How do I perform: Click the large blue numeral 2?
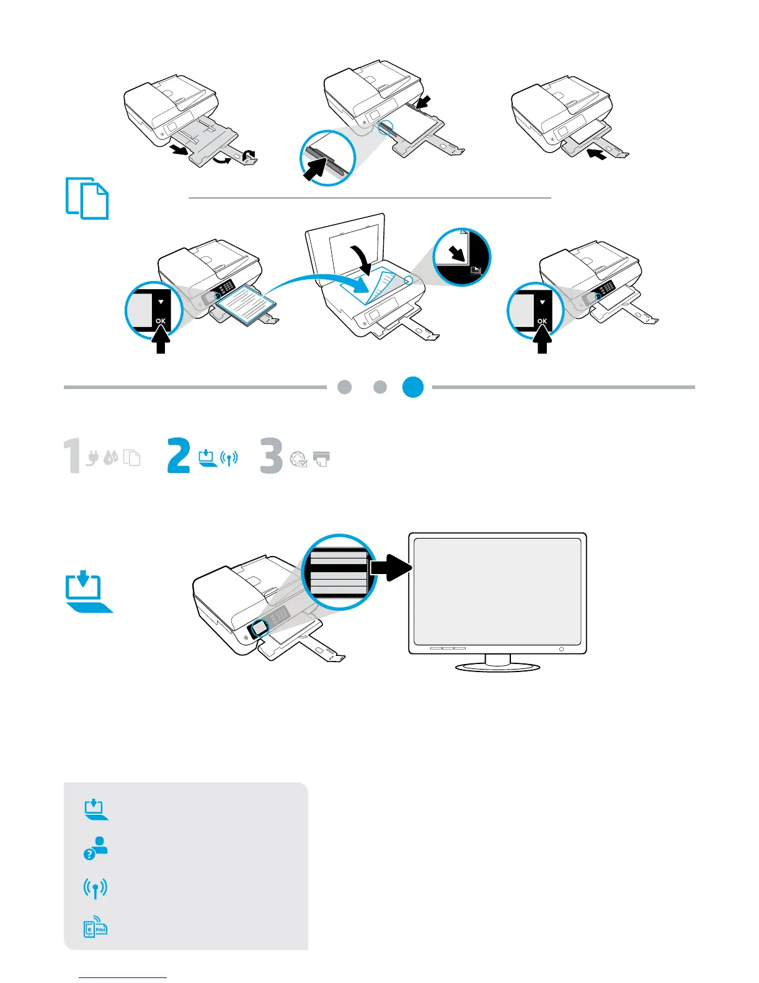point(179,456)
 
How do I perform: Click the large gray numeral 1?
point(73,456)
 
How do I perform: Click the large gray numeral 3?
point(272,456)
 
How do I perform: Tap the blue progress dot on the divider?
point(413,387)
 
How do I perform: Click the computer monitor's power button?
point(561,649)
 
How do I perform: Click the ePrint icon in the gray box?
point(95,927)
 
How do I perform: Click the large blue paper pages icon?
point(87,199)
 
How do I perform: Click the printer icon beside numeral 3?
point(322,459)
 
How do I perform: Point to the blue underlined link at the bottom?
point(123,977)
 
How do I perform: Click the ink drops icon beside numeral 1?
point(111,458)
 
